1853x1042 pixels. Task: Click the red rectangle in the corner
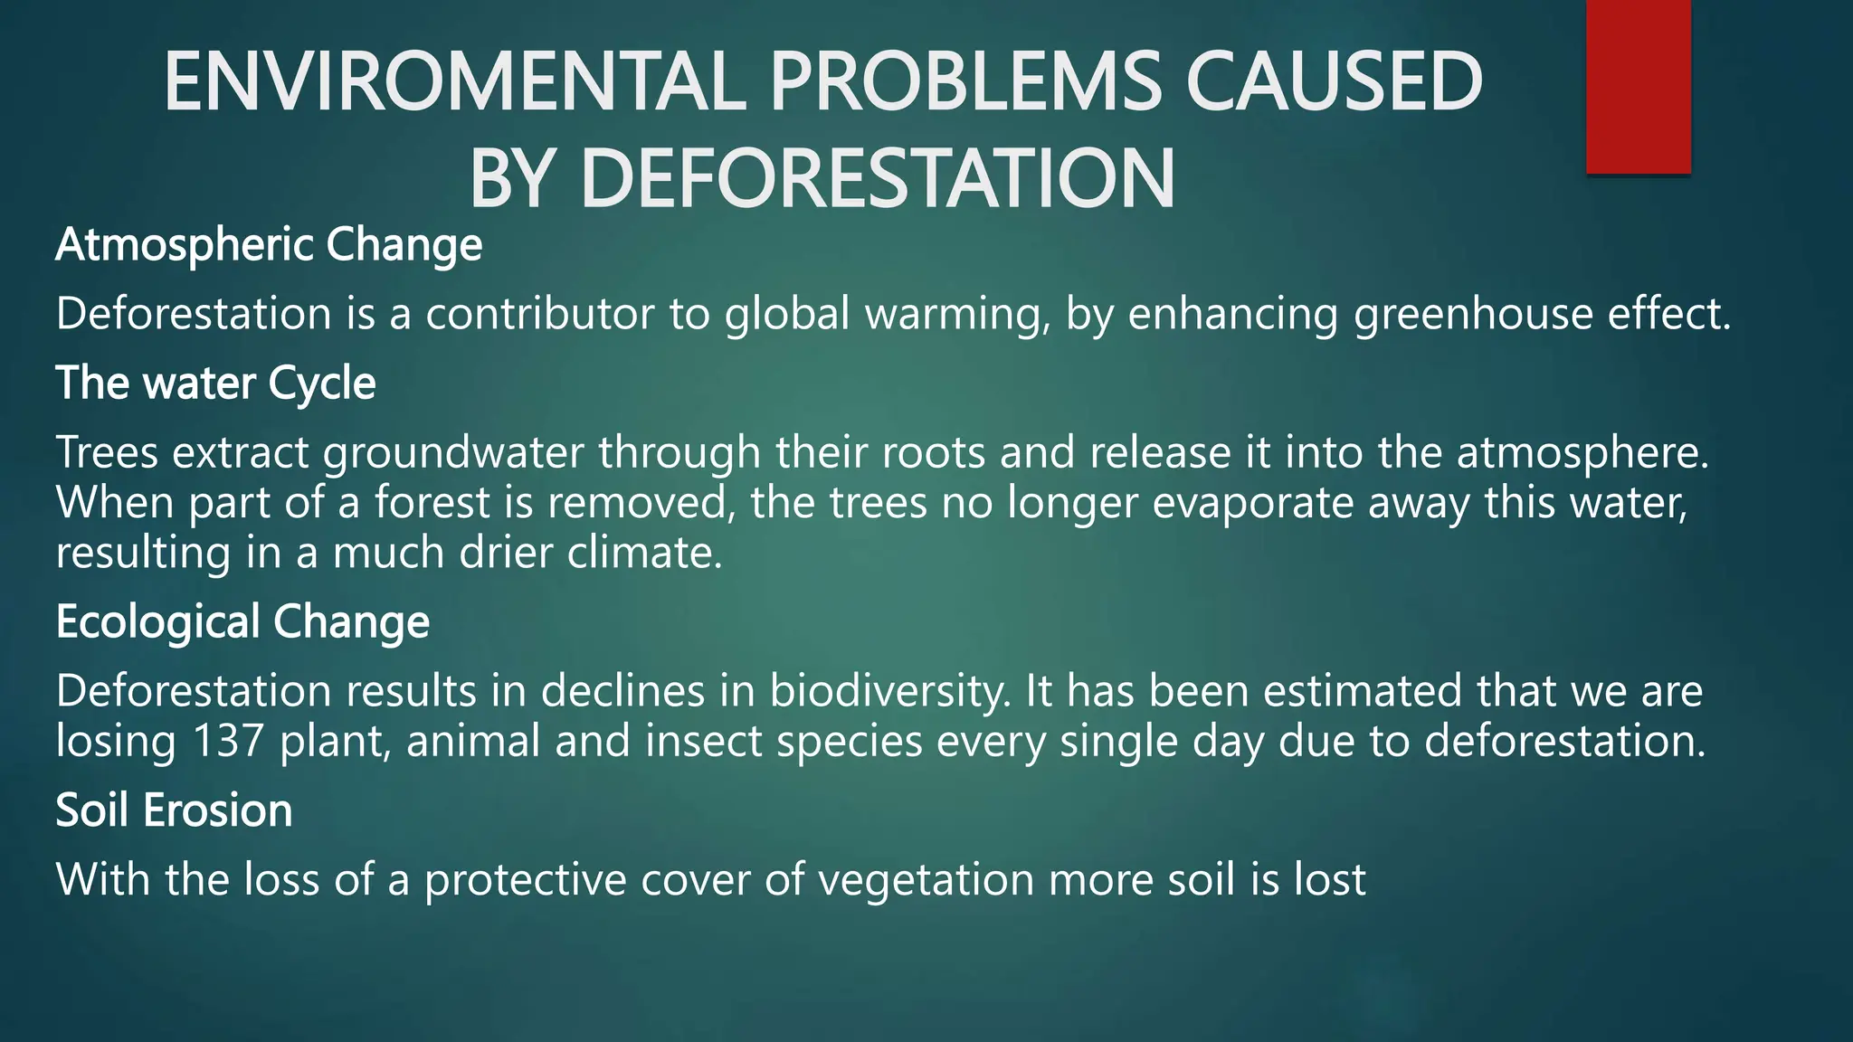tap(1638, 86)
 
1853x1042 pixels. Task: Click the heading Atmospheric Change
tap(269, 245)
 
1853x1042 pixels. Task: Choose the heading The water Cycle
tap(215, 384)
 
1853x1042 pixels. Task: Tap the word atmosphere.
tap(1582, 453)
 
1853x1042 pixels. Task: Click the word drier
tap(506, 553)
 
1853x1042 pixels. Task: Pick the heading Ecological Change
tap(242, 622)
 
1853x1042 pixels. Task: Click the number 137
tap(228, 741)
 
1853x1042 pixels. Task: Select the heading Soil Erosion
tap(174, 810)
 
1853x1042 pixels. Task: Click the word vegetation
tap(926, 880)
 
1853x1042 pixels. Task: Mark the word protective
tap(526, 880)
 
